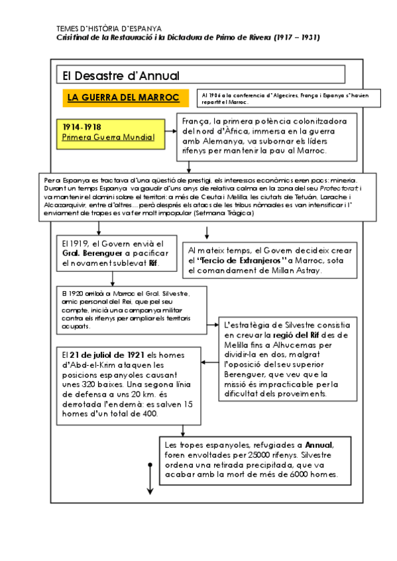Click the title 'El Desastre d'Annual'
pyautogui.click(x=118, y=75)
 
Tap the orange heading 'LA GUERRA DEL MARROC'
pyautogui.click(x=124, y=98)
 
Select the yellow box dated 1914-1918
pyautogui.click(x=113, y=132)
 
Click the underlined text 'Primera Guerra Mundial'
pyautogui.click(x=108, y=138)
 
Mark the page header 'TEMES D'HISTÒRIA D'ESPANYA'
pyautogui.click(x=109, y=29)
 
